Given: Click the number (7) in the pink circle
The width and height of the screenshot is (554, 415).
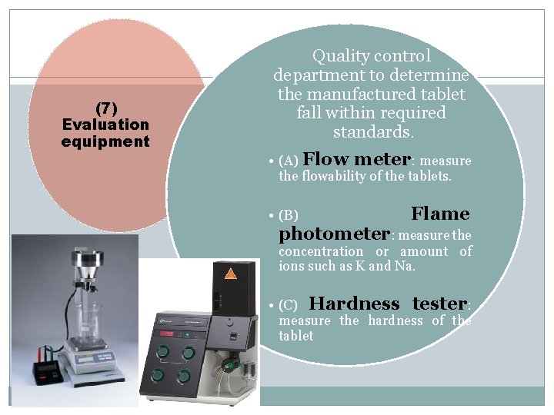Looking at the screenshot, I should (x=105, y=108).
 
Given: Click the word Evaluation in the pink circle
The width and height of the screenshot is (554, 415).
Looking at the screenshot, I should (x=105, y=124).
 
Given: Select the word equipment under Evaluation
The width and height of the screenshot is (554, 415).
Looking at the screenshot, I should (x=105, y=141).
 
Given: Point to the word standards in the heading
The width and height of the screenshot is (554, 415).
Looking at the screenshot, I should (x=372, y=132).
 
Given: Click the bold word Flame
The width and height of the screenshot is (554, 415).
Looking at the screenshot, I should (x=440, y=214).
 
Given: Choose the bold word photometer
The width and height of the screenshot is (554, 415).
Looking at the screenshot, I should (x=335, y=234).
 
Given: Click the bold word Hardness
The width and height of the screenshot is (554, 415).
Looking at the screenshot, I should (x=354, y=304).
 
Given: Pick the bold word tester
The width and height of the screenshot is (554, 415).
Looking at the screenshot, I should (x=439, y=304).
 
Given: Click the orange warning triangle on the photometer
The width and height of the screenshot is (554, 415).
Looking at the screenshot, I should (x=230, y=273).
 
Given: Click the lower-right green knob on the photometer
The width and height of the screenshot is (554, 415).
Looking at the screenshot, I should (x=185, y=377).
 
